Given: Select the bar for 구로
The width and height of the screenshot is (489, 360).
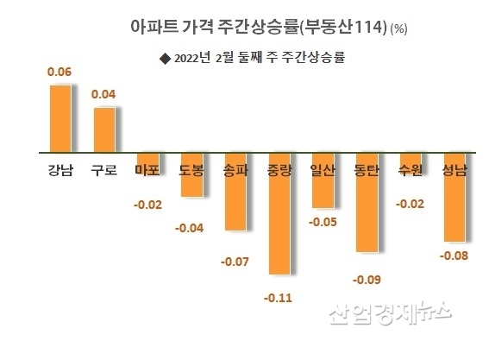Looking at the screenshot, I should pyautogui.click(x=103, y=129).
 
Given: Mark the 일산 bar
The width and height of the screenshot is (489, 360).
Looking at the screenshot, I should pyautogui.click(x=323, y=181).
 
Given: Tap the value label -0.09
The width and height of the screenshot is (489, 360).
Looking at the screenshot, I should pyautogui.click(x=367, y=279).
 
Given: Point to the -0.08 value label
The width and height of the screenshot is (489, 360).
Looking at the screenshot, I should pyautogui.click(x=454, y=255).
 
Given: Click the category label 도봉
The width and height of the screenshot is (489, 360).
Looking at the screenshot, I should pyautogui.click(x=191, y=170).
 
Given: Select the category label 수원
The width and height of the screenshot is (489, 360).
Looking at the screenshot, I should pyautogui.click(x=411, y=170).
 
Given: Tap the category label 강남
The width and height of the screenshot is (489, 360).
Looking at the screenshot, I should pyautogui.click(x=59, y=170).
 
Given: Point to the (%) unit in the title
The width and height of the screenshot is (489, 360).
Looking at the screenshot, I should pyautogui.click(x=399, y=28).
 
